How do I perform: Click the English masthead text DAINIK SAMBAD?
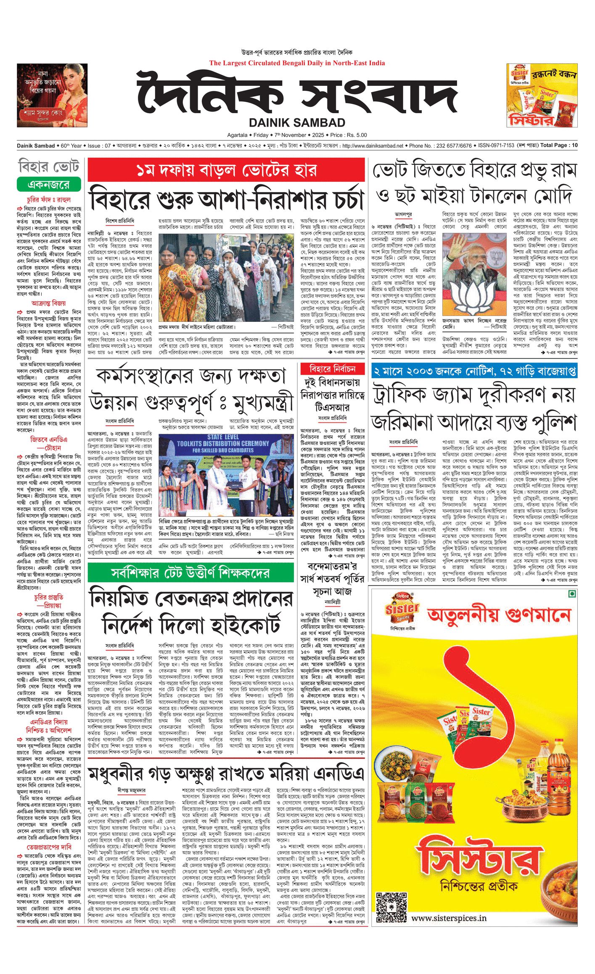click(x=297, y=122)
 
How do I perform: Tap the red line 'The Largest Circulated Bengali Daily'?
click(x=297, y=63)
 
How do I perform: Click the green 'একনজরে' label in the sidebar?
click(x=48, y=184)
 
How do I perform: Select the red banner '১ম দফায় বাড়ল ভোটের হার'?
click(x=226, y=170)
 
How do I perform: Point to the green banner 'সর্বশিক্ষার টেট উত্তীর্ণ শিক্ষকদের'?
click(x=190, y=573)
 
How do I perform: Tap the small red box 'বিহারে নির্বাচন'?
click(x=332, y=369)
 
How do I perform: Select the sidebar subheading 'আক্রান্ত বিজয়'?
click(x=48, y=303)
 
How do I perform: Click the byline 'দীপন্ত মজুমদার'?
click(x=132, y=791)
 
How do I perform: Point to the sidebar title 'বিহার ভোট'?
click(x=49, y=167)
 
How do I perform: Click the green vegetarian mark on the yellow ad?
click(x=571, y=594)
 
